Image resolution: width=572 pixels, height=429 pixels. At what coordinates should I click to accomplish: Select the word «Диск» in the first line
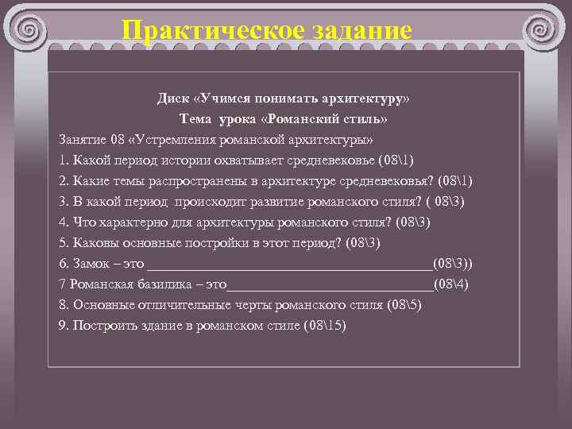click(172, 98)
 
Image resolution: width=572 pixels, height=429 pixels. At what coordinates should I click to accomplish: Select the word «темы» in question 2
click(134, 180)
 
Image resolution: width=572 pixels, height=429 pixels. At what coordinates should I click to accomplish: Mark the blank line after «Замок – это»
click(290, 265)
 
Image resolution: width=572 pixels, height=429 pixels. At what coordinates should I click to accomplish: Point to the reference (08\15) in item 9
click(325, 325)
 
